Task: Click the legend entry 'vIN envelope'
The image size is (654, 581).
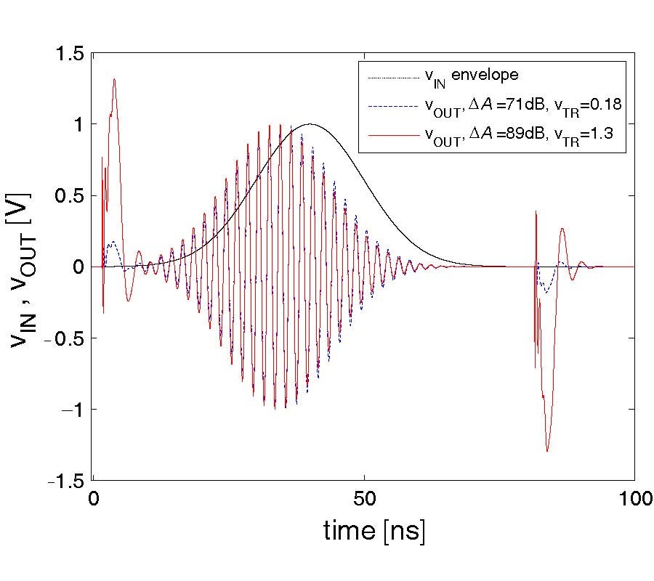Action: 475,76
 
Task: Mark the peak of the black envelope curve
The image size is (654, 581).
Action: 310,124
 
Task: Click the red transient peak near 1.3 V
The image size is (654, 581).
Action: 114,79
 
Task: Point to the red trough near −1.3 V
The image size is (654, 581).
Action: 547,452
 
